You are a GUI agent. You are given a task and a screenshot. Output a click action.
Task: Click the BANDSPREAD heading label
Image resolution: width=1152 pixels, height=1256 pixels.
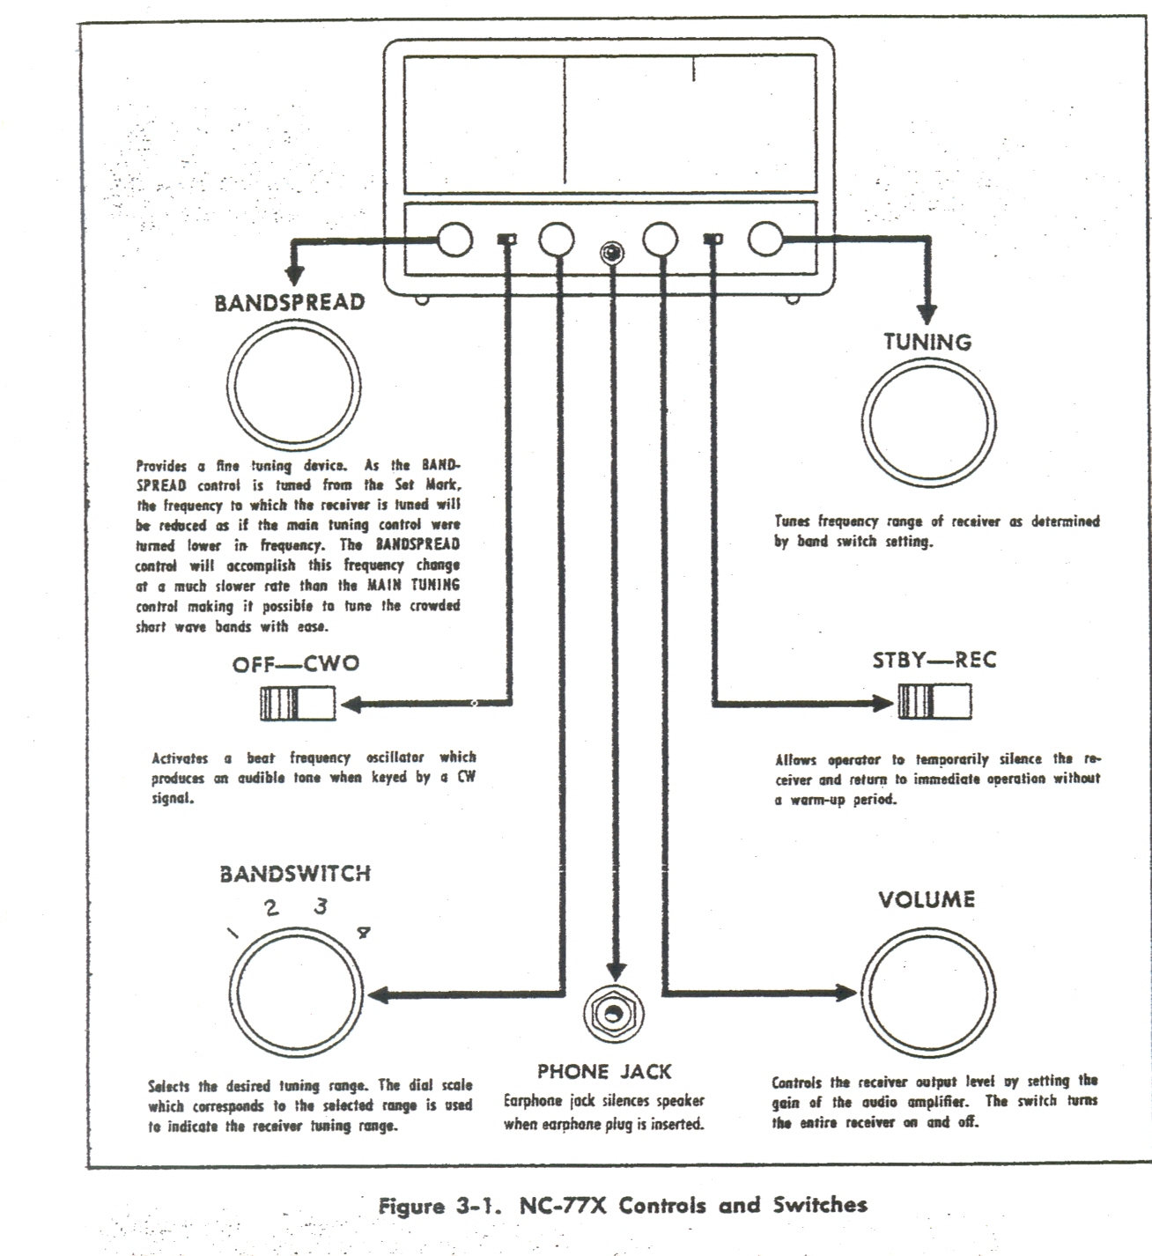(x=289, y=302)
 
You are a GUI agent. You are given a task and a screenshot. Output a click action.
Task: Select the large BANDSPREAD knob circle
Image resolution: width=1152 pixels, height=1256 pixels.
(x=294, y=388)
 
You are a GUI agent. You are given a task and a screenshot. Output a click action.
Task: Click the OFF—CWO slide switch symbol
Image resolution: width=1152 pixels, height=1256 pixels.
(x=298, y=704)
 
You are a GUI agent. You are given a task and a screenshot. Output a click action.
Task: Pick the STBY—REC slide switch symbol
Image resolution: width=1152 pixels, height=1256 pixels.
(x=934, y=702)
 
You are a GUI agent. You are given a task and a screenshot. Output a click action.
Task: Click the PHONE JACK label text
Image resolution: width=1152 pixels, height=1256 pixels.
(x=604, y=1072)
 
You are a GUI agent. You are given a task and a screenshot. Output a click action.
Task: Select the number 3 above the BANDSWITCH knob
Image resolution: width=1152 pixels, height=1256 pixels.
(x=321, y=905)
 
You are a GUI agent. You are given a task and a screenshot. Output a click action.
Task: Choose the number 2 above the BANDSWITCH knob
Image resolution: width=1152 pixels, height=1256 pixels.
(x=272, y=908)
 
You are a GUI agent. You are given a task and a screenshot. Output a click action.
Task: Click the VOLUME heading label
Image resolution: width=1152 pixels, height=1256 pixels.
(x=927, y=899)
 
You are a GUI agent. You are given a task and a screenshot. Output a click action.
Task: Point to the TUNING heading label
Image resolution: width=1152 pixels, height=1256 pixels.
(x=927, y=342)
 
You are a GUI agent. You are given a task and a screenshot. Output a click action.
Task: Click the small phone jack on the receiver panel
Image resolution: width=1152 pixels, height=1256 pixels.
(x=609, y=253)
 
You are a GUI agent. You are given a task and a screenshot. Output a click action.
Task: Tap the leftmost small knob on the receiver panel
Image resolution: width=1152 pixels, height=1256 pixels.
(x=454, y=239)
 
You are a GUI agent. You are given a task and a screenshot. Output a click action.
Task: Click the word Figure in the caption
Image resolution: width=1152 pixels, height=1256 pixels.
(x=411, y=1206)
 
